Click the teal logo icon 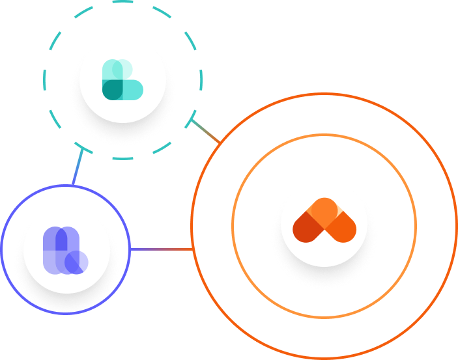pyautogui.click(x=122, y=80)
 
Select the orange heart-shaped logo pyautogui.click(x=324, y=221)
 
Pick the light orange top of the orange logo pyautogui.click(x=324, y=208)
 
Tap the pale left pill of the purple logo pyautogui.click(x=50, y=250)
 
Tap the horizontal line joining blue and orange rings pyautogui.click(x=161, y=249)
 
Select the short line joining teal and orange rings pyautogui.click(x=207, y=132)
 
